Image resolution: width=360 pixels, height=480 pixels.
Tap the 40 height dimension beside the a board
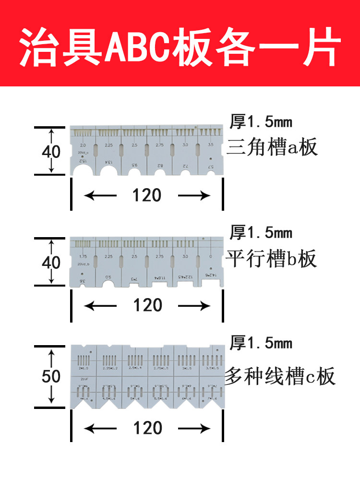(x=51, y=152)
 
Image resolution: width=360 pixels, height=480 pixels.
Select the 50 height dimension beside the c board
(x=51, y=376)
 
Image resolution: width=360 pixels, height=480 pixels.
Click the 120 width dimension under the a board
(x=147, y=195)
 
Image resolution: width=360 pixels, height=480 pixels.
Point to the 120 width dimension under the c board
(x=147, y=427)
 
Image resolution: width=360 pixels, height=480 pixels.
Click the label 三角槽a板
(x=272, y=147)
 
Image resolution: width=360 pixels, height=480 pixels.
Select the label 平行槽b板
(x=272, y=259)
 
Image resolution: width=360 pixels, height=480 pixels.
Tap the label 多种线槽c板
(x=280, y=377)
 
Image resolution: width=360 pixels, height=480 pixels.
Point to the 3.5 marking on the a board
(x=210, y=145)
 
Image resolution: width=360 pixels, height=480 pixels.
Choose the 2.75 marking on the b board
(x=160, y=257)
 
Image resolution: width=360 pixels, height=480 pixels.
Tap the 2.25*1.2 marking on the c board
(x=109, y=368)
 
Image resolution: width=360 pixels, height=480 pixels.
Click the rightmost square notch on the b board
(x=211, y=283)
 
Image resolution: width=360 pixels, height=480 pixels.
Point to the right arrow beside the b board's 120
(x=194, y=305)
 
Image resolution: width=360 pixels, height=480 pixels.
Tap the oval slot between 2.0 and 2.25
(x=96, y=150)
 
